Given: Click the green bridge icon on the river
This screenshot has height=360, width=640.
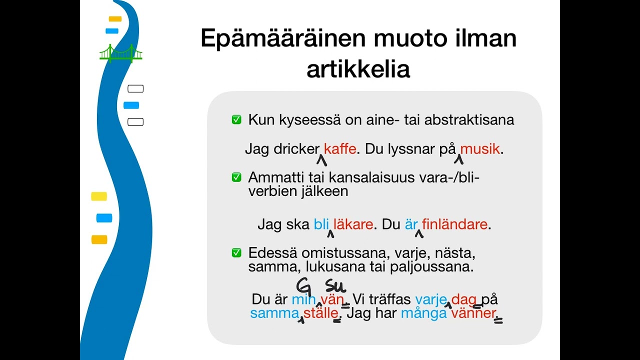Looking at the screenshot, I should [120, 53].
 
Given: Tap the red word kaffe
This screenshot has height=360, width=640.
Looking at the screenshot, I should [340, 149].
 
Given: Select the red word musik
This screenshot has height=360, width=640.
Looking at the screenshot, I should [480, 149].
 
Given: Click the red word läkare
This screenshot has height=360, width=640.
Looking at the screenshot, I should [353, 224].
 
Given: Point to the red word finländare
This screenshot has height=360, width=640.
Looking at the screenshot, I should [454, 224].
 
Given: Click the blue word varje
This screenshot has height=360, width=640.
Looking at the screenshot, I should [430, 299].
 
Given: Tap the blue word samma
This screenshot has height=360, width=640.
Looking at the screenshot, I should [273, 314].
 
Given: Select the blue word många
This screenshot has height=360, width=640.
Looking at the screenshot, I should [423, 314].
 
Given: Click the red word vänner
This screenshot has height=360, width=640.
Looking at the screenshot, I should [473, 314].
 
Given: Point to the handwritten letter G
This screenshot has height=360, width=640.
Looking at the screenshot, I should [303, 285].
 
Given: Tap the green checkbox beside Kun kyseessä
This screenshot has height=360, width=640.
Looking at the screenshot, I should [236, 120].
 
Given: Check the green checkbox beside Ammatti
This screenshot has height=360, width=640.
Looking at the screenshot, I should [236, 177].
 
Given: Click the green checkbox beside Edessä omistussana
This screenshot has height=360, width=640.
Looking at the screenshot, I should [236, 253].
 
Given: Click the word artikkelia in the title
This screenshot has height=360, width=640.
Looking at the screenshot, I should [358, 69].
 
